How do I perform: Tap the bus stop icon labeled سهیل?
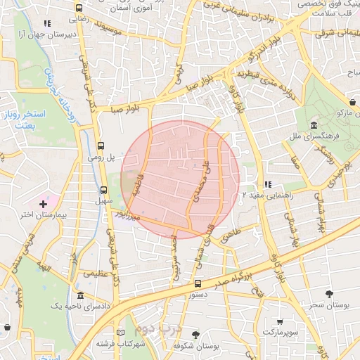pos(104,190)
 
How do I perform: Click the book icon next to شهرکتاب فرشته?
pos(120,332)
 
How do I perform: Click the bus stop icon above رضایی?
pos(78,8)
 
